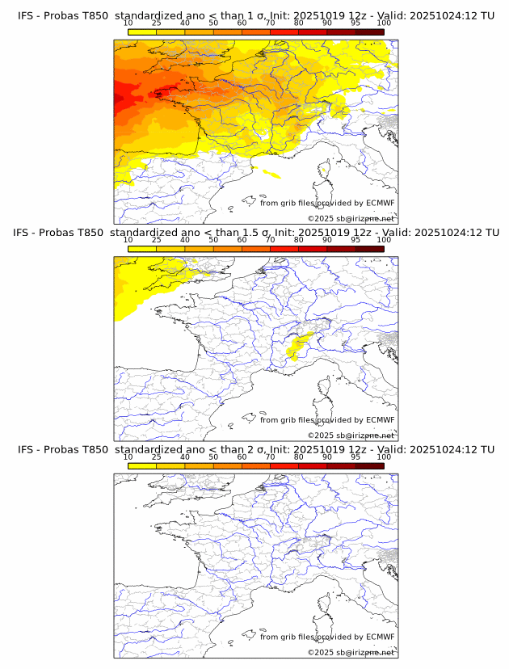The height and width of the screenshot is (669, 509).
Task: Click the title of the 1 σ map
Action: (x=255, y=15)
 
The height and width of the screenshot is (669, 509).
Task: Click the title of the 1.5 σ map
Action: (x=255, y=232)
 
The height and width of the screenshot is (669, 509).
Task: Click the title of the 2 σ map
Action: (x=255, y=449)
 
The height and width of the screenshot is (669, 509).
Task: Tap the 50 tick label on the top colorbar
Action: (x=213, y=23)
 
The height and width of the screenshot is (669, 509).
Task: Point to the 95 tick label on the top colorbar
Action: (x=355, y=23)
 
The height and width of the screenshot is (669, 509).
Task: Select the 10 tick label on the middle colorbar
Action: (x=128, y=240)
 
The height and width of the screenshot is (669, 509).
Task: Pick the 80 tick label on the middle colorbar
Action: (x=299, y=240)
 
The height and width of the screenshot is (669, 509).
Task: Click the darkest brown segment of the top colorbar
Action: (x=369, y=32)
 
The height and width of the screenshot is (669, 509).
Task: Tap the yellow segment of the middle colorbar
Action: (x=142, y=249)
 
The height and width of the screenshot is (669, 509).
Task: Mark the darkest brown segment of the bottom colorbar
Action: (x=369, y=466)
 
